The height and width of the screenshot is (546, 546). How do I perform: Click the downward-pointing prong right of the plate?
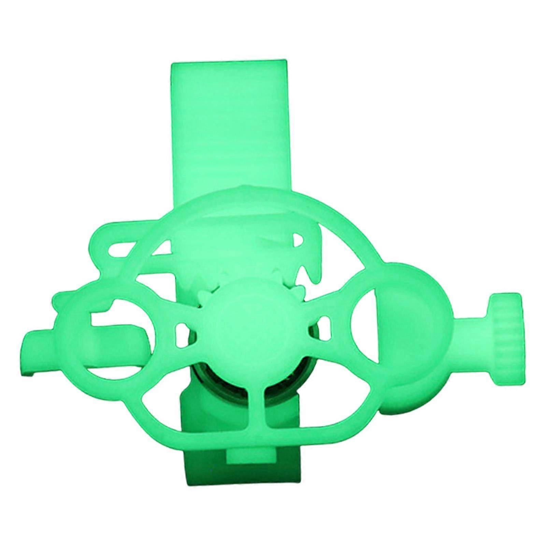[x=312, y=273]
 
